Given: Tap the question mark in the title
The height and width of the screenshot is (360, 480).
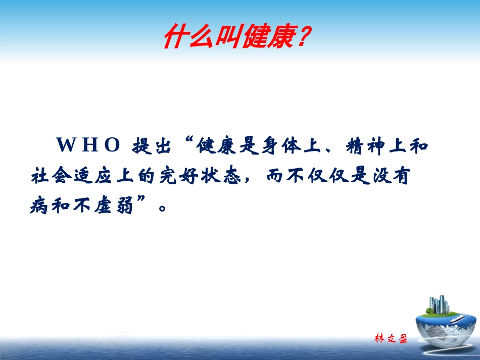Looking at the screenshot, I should click(x=301, y=38).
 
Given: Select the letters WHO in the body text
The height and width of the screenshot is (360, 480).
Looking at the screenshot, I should click(x=87, y=145).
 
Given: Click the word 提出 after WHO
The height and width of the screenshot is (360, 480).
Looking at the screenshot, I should click(x=150, y=146).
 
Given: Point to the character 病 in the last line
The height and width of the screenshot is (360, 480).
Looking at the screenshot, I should click(x=39, y=207).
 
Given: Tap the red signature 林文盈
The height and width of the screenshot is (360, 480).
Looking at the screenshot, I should click(x=391, y=338).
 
